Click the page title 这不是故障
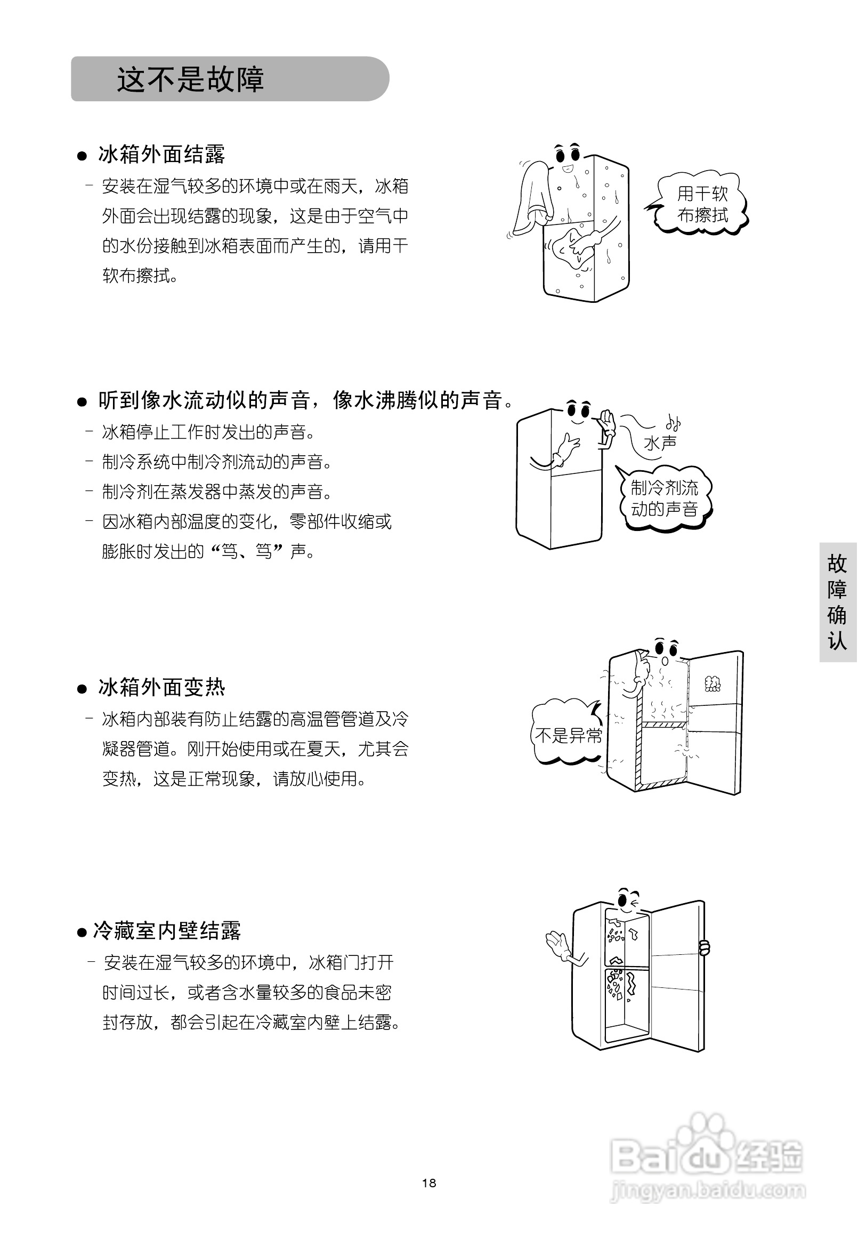point(190,79)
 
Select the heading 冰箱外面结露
point(161,155)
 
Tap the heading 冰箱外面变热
point(161,687)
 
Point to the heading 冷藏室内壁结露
point(167,931)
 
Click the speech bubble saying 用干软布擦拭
point(701,204)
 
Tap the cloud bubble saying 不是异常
point(568,735)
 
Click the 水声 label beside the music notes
point(660,443)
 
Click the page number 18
point(429,1182)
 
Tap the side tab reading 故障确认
point(837,602)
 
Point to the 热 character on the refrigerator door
point(713,684)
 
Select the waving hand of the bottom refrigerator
point(557,945)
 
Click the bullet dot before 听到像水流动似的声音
point(82,402)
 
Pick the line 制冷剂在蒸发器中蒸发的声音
point(217,491)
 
